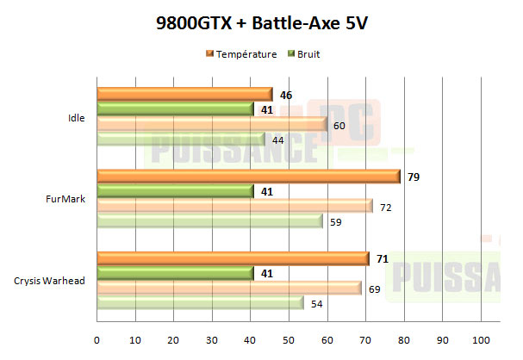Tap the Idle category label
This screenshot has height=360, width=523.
pos(76,118)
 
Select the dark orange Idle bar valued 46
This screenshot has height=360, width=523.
pos(184,94)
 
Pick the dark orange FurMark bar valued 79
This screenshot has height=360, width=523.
pos(248,176)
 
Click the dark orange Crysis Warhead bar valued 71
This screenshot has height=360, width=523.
pos(233,258)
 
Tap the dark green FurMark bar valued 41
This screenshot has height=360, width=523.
pos(175,191)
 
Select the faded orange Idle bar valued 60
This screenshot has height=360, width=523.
pos(212,125)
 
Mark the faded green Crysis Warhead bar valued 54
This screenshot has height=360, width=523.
pos(200,303)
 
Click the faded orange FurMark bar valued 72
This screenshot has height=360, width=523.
pos(234,206)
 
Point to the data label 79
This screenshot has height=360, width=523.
pos(413,177)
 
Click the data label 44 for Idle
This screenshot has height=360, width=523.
pos(278,140)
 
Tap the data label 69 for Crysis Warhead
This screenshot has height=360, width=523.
pos(374,289)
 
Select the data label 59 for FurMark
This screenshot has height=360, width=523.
pos(335,222)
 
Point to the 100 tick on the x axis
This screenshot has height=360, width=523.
pos(480,338)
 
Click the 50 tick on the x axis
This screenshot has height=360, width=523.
pos(289,338)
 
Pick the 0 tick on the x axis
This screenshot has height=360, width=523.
pos(97,338)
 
